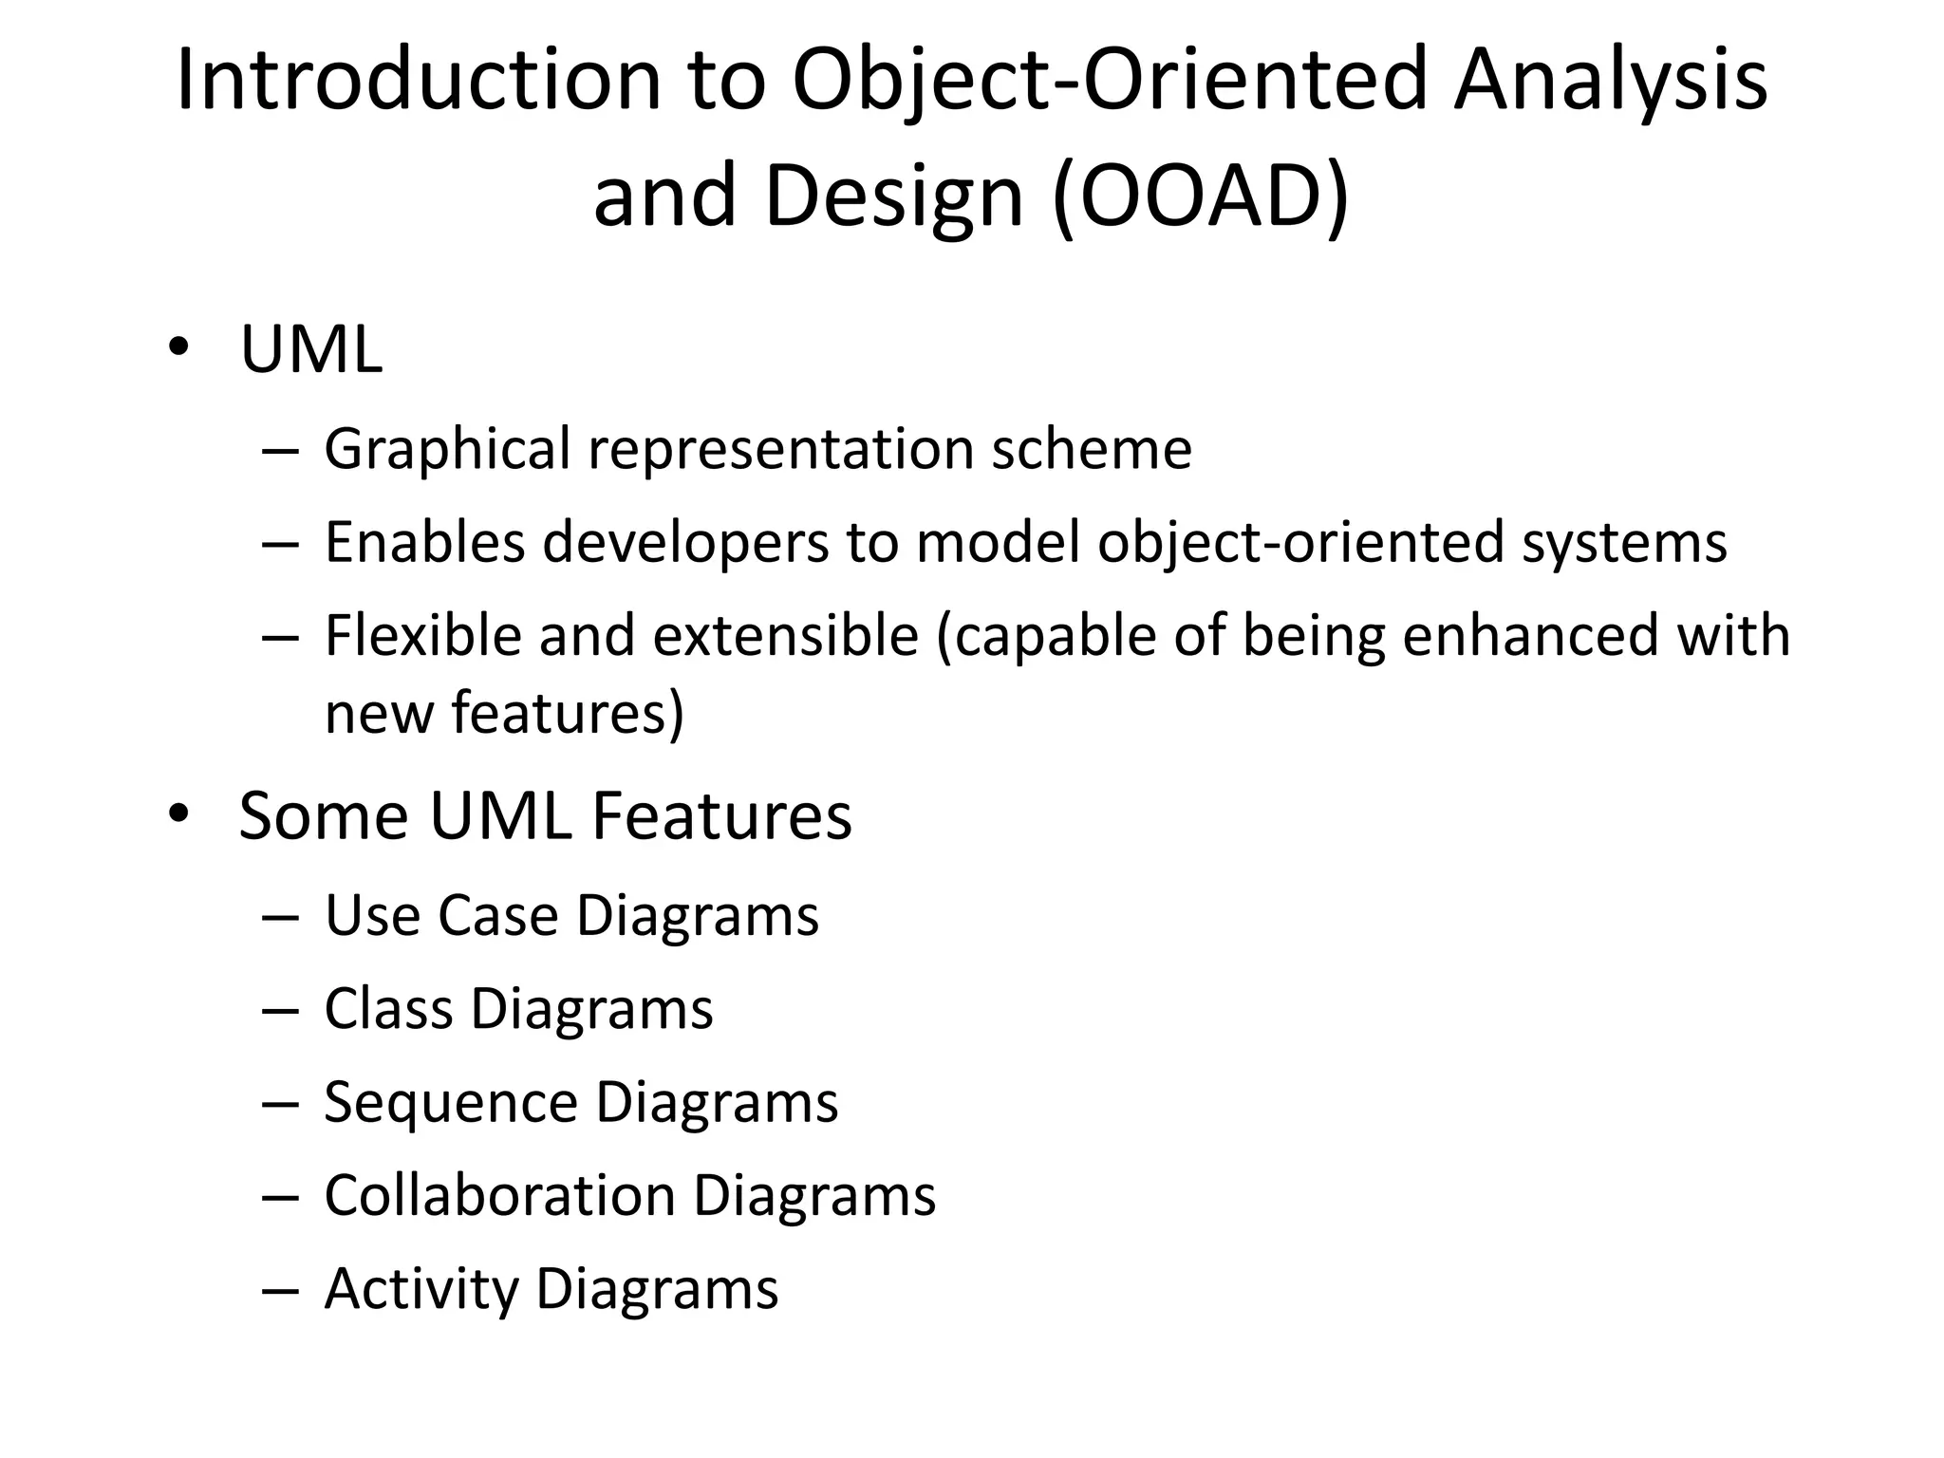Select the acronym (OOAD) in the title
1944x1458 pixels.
coord(1201,197)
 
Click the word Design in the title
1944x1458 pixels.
coord(893,197)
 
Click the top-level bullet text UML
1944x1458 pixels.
coord(311,350)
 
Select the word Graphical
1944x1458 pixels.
coord(447,449)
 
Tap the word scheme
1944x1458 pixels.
coord(1091,449)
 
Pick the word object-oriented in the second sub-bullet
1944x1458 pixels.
coord(1300,543)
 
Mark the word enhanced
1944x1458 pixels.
coord(1529,636)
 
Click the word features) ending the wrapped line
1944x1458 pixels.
coord(567,713)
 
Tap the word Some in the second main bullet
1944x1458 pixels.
coord(324,816)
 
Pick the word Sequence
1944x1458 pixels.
coord(451,1103)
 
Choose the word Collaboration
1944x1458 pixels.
coord(499,1196)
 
